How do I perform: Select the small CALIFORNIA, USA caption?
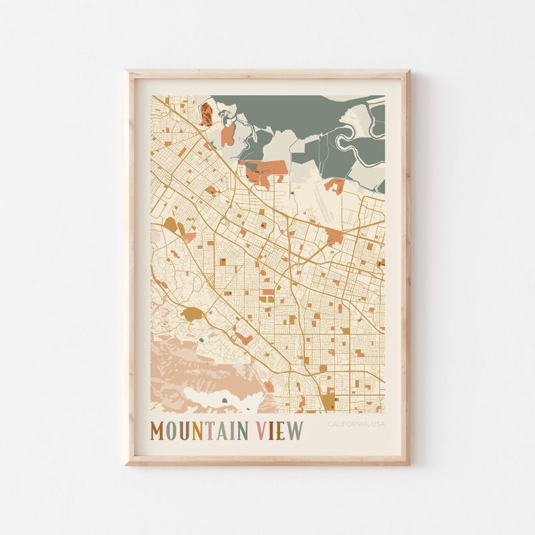point(356,424)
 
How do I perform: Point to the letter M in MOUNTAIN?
point(158,431)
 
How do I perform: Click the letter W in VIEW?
point(295,431)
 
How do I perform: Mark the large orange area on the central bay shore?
point(266,171)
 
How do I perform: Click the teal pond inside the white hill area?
point(224,401)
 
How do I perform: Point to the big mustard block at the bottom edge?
point(328,401)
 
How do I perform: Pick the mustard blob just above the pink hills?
point(192,313)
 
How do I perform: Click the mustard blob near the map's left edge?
point(171,226)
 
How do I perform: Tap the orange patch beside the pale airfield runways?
point(334,185)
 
